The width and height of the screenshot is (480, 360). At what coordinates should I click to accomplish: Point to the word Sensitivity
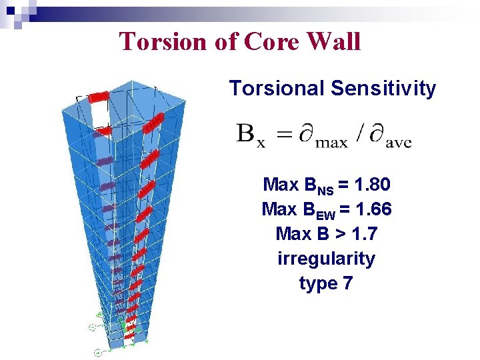[x=385, y=88]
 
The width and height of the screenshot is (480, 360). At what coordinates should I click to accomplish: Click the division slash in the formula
[x=359, y=135]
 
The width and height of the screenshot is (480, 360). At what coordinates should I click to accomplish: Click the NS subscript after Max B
[x=325, y=190]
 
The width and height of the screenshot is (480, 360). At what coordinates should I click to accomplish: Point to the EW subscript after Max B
[x=325, y=215]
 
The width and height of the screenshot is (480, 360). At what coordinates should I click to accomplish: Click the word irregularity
[x=326, y=259]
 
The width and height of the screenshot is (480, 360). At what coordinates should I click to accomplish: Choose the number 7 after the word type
[x=347, y=283]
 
